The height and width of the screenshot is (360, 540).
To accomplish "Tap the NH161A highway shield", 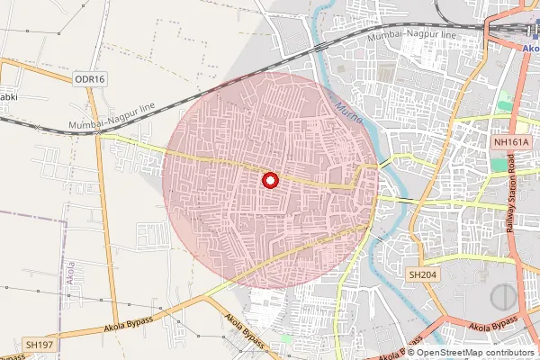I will pos(512,142).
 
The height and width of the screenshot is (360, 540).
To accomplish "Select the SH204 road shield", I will pos(421,274).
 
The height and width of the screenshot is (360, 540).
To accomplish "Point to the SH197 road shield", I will pos(40,345).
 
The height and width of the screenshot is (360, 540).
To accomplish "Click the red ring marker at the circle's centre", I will pos(269,180).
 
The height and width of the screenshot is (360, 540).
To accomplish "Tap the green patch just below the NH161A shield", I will pos(499,164).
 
